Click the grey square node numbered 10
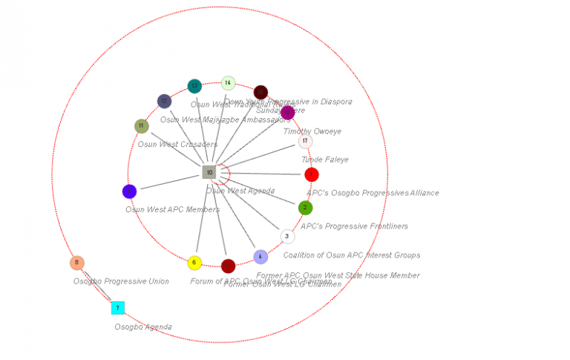click(209, 172)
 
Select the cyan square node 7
click(117, 307)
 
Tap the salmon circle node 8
click(77, 263)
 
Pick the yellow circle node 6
click(194, 263)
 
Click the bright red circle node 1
click(312, 174)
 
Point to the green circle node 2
click(305, 208)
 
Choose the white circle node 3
click(287, 236)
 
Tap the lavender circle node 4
click(261, 257)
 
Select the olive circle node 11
click(142, 126)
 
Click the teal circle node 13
click(194, 86)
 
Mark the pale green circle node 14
click(228, 83)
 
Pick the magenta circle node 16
click(287, 113)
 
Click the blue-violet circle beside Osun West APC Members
click(129, 192)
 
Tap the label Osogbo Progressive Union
click(121, 281)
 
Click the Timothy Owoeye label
click(312, 131)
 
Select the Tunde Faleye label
click(324, 160)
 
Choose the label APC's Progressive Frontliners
click(354, 226)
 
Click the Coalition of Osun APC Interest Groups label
click(351, 255)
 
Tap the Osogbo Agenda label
click(142, 327)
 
